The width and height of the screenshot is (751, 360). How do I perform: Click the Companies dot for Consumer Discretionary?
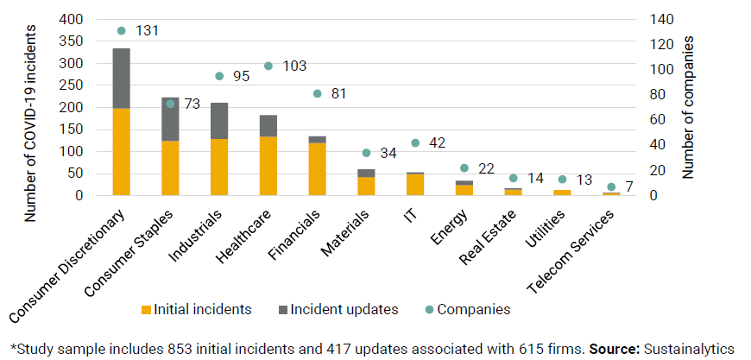coord(121,30)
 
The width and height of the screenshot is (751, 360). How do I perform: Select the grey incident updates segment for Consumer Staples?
coord(170,119)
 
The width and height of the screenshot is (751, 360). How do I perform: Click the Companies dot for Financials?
coord(317,93)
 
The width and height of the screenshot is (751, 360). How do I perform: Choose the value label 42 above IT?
coord(437,143)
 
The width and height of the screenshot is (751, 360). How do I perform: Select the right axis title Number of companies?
coord(688,107)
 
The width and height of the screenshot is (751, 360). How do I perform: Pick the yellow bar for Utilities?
coord(562,193)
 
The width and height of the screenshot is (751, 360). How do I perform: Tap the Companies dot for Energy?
coord(464,168)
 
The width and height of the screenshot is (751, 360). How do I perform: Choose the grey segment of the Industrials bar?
coord(219,121)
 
